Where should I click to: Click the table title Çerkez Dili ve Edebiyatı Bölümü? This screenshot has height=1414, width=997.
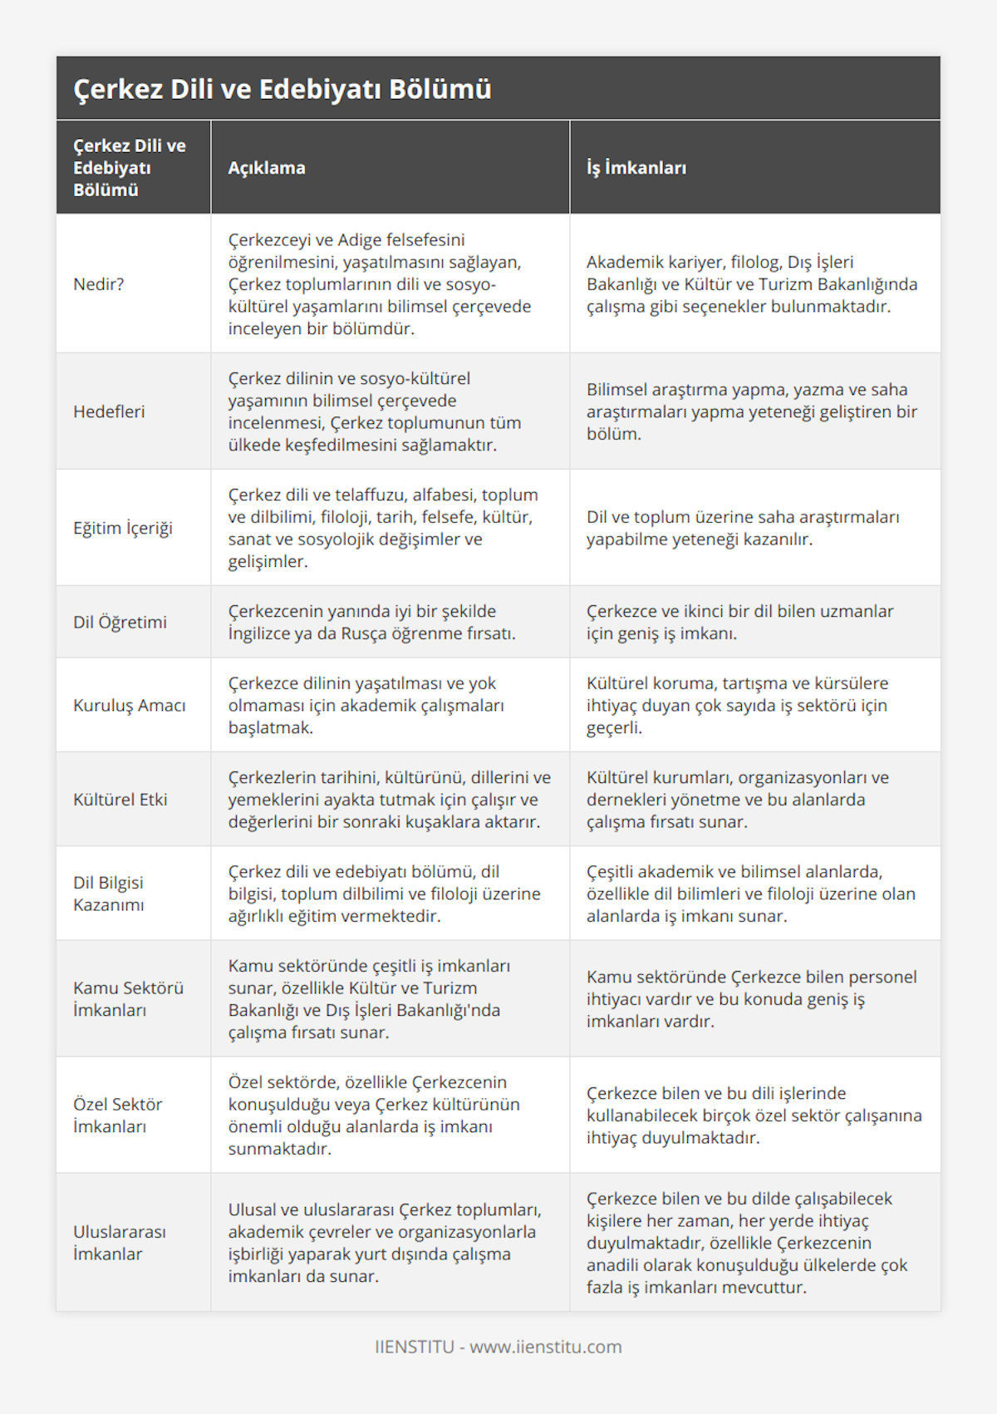pos(282,89)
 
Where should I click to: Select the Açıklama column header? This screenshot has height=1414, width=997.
pos(267,168)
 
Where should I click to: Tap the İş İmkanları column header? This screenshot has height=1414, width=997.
pos(636,168)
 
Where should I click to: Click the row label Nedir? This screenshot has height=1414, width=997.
pos(99,284)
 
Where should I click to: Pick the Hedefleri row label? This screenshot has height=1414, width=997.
pos(109,411)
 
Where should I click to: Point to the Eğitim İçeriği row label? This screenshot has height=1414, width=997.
pos(123,528)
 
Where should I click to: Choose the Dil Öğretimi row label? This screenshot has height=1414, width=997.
pos(120,622)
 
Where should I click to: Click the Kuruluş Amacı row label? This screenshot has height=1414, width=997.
pos(130,705)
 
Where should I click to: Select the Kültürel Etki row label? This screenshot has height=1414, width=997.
pos(120,800)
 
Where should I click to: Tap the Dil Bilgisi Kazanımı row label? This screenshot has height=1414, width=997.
pos(109,894)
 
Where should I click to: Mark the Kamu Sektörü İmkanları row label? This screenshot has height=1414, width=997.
pos(128,998)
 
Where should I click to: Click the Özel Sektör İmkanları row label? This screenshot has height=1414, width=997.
pos(118,1115)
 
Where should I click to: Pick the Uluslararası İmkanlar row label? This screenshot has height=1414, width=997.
pos(120,1243)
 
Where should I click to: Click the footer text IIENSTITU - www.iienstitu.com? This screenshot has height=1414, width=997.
pos(498,1347)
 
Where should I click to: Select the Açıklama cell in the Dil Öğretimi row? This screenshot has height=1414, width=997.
pos(372,622)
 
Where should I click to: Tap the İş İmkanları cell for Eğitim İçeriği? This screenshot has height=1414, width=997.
pos(743,528)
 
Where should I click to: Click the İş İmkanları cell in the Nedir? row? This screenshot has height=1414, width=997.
pos(752,284)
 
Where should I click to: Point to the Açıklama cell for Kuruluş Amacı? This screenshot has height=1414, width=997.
pos(366,705)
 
